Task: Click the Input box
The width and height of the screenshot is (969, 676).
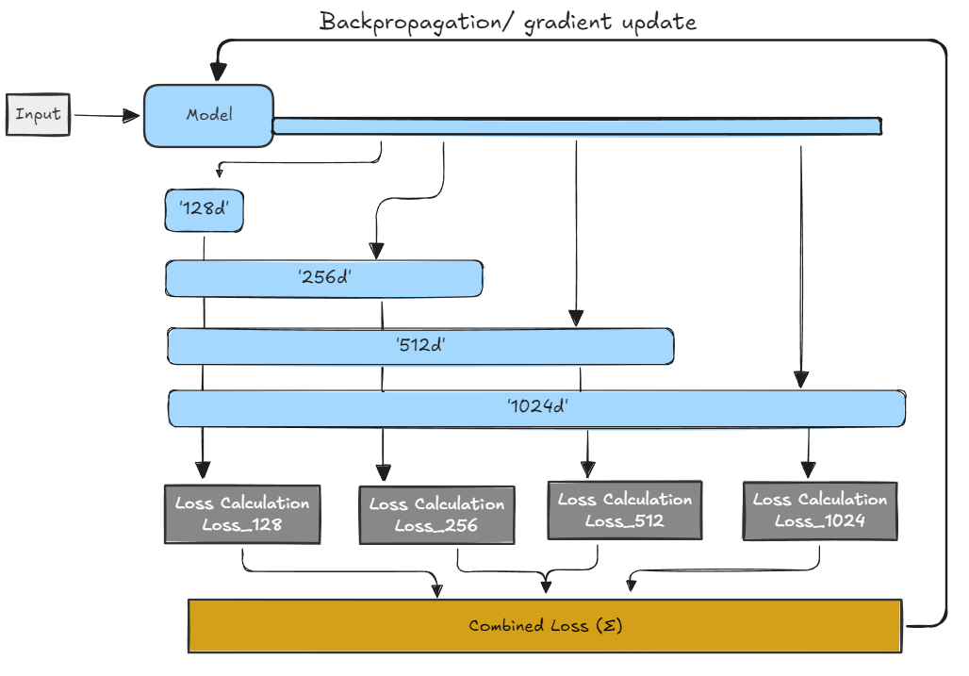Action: pyautogui.click(x=39, y=115)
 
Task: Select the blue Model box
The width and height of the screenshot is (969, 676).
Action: pyautogui.click(x=208, y=115)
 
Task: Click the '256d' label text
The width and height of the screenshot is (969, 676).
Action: pyautogui.click(x=324, y=277)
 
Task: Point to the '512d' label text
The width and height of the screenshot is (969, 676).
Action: pyautogui.click(x=420, y=345)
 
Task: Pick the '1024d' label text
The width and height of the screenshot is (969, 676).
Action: pyautogui.click(x=537, y=407)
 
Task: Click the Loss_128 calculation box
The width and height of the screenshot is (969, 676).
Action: pyautogui.click(x=242, y=514)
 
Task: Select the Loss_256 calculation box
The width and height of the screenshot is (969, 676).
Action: pyautogui.click(x=436, y=515)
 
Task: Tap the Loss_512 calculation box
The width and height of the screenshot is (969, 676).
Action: pyautogui.click(x=625, y=510)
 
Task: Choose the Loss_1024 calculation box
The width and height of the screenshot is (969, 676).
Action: pyautogui.click(x=820, y=510)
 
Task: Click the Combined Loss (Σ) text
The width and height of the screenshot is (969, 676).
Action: pyautogui.click(x=545, y=626)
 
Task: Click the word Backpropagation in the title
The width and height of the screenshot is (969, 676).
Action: pyautogui.click(x=414, y=22)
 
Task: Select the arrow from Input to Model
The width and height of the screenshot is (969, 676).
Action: pyautogui.click(x=106, y=116)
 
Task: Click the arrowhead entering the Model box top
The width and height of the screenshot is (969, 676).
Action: pyautogui.click(x=219, y=73)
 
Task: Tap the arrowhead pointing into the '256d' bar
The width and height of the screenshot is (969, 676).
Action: pyautogui.click(x=376, y=251)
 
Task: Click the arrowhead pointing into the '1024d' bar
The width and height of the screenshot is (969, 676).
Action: pyautogui.click(x=801, y=379)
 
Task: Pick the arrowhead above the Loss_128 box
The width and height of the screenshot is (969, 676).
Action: pyautogui.click(x=203, y=470)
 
